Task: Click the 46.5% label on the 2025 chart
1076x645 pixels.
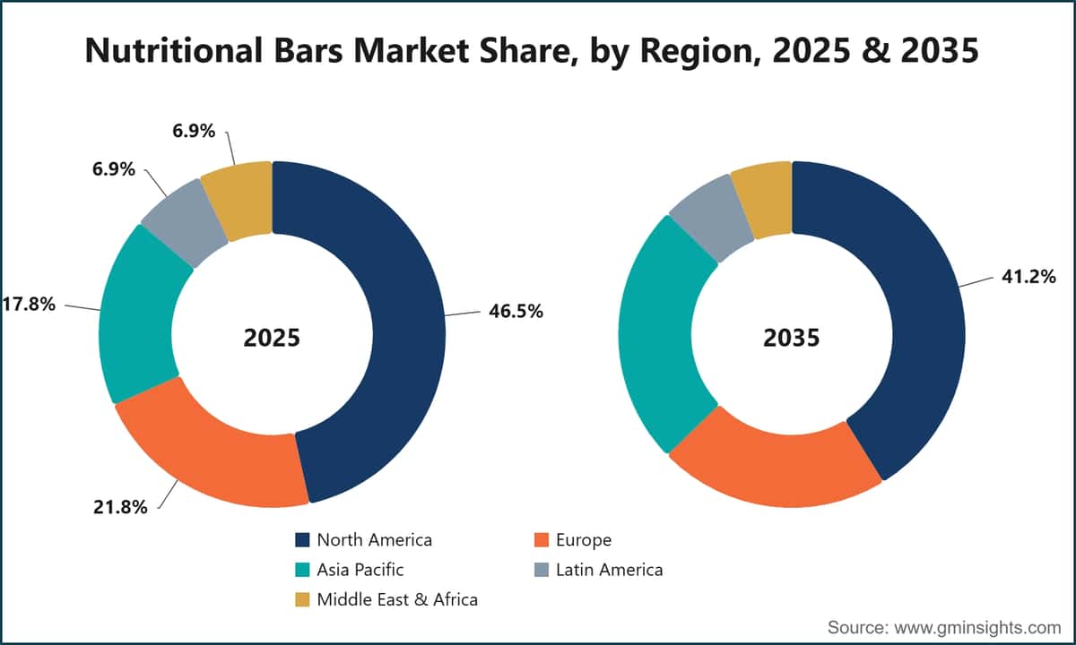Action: pos(516,312)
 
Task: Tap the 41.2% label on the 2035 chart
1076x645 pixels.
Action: pos(1028,277)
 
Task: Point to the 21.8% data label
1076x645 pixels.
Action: pos(120,507)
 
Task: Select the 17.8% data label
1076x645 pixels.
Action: pos(29,305)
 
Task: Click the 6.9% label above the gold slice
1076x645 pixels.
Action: pos(194,131)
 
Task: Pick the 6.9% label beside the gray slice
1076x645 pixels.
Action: pos(114,169)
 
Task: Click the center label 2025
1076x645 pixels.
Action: pos(272,338)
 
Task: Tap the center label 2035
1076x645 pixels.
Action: pos(792,338)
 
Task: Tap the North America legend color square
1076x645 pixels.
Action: pos(302,540)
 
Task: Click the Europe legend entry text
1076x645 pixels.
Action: pos(584,540)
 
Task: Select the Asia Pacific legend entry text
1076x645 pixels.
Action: pos(360,570)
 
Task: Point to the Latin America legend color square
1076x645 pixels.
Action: pos(542,570)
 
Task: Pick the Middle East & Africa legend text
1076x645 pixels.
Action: pos(397,600)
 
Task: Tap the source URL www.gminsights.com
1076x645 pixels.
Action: pos(977,628)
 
